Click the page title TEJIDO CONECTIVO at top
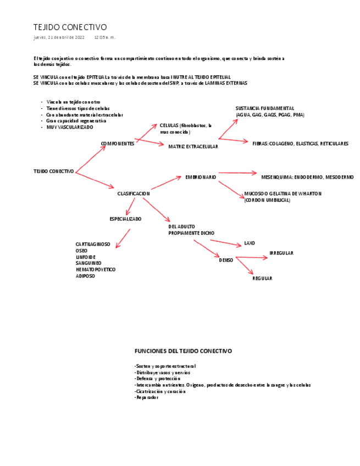coord(70,27)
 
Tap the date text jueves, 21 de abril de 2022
coord(59,37)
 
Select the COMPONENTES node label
coord(117,143)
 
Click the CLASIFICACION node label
coord(134,193)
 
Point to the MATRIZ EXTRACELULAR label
coord(193,147)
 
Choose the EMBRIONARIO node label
coord(201,177)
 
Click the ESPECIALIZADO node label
coord(125,219)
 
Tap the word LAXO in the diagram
coord(250,243)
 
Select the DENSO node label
coord(226,260)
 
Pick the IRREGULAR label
coord(281,253)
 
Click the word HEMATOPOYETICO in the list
coord(96,269)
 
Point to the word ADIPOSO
coord(85,276)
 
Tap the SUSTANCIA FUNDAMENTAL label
coord(265,108)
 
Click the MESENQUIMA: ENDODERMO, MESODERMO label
coord(307,177)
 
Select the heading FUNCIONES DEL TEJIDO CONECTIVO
coord(183,351)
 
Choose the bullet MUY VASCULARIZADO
coord(70,127)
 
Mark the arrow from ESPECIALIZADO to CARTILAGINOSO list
coord(124,238)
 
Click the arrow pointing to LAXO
coord(226,242)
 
